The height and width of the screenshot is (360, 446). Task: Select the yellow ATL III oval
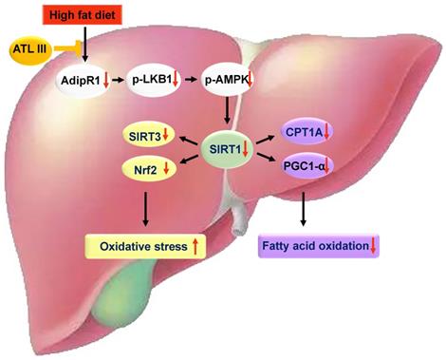[30, 47]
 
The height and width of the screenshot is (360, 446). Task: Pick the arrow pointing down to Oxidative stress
[145, 208]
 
